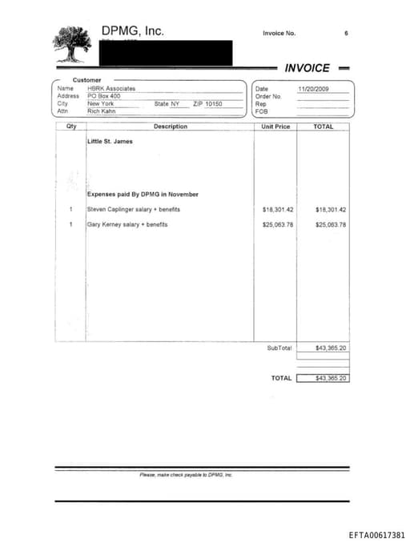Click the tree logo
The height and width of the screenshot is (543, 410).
[x=76, y=45]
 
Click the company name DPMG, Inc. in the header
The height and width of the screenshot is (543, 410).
[x=132, y=31]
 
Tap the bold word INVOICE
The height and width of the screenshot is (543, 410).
[x=307, y=68]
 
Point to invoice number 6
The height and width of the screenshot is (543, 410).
[x=346, y=34]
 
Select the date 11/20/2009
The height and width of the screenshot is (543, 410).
[x=313, y=89]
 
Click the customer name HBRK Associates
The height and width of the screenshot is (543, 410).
[x=111, y=89]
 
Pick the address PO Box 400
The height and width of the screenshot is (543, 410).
[x=103, y=96]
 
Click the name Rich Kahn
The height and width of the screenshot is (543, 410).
[x=102, y=111]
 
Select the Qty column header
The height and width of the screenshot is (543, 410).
[x=71, y=127]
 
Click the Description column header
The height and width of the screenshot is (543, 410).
[x=170, y=127]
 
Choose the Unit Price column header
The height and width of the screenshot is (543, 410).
[x=275, y=127]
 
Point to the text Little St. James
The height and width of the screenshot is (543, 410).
[x=110, y=142]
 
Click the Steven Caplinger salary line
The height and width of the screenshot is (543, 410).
[x=134, y=210]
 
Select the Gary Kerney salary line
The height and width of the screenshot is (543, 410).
[x=127, y=225]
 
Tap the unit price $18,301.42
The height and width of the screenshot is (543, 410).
[x=278, y=210]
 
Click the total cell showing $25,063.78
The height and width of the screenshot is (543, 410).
[x=331, y=225]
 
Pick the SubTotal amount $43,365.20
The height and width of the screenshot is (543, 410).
[x=331, y=348]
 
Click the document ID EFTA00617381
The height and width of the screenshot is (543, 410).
[x=377, y=535]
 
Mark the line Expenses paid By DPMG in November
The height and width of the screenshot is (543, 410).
[x=143, y=195]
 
